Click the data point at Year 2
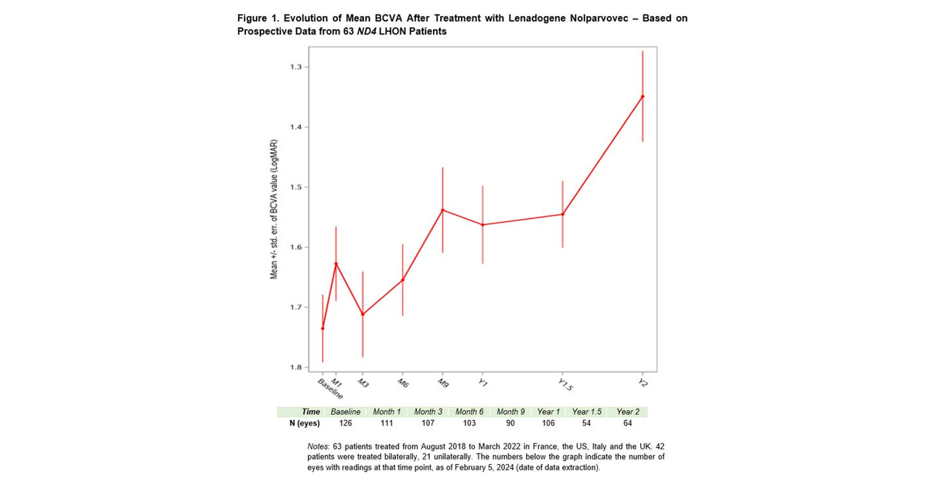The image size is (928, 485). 643,97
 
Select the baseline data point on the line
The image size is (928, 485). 322,328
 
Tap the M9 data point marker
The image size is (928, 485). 442,210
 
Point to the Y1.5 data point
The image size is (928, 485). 562,214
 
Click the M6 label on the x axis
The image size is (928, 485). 403,384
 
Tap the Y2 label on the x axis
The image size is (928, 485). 642,384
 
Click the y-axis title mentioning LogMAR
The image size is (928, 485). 273,211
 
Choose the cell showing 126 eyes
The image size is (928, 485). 346,423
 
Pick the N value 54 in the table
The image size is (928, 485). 586,423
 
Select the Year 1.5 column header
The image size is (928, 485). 586,412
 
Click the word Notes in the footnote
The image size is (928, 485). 319,448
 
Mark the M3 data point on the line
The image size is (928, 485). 363,314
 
